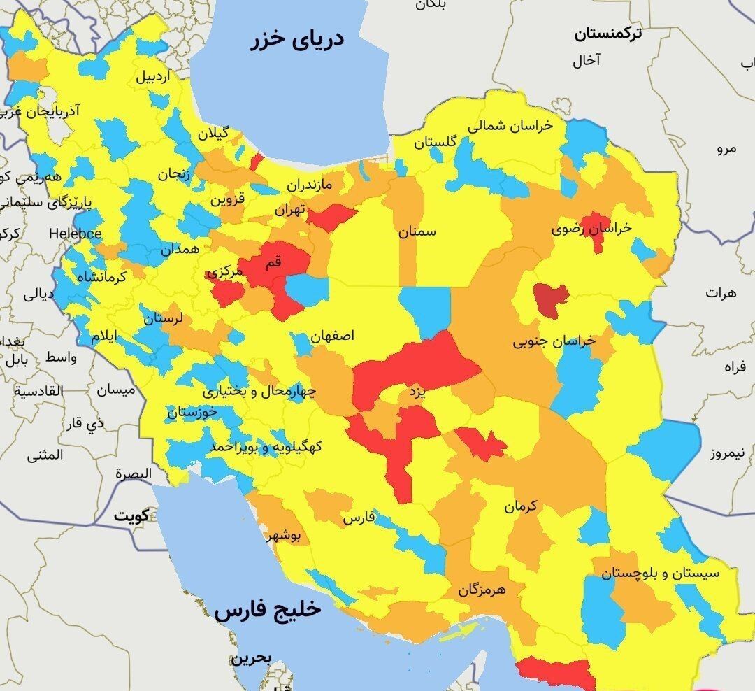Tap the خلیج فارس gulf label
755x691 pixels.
coord(268,610)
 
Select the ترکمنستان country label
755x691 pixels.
coord(608,33)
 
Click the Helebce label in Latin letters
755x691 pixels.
coord(75,234)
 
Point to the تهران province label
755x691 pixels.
coord(290,209)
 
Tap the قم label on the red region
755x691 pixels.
coord(273,262)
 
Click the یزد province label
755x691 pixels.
coord(417,393)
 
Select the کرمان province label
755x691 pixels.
coord(521,506)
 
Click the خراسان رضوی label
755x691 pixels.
coord(591,229)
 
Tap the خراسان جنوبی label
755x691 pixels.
coord(554,341)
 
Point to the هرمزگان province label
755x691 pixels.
coord(491,590)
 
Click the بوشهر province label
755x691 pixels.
coord(284,536)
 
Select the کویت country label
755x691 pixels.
coord(131,516)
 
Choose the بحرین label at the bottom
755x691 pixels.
coord(252,658)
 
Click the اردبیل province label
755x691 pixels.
coord(152,77)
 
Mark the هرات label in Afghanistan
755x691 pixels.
coord(721,292)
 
